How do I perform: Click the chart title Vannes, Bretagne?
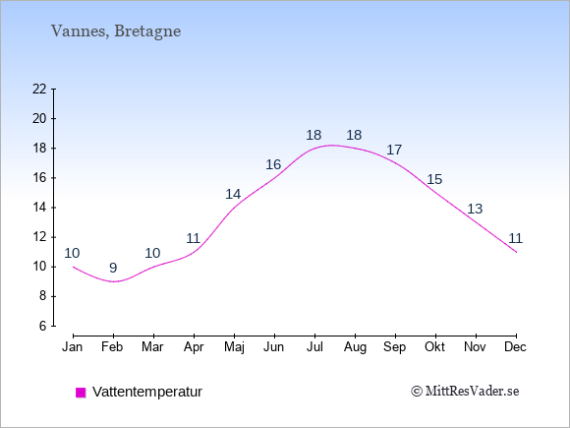tap(116, 31)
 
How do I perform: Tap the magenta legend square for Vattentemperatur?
tap(81, 393)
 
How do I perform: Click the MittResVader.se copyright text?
tap(465, 392)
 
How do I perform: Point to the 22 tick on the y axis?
tap(39, 89)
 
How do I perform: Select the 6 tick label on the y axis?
tap(43, 326)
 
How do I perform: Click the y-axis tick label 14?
tap(39, 208)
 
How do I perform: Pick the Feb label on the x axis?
tap(112, 347)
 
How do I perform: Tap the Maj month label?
tap(234, 347)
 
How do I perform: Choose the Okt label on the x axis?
tap(434, 347)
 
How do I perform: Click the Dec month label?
tap(516, 347)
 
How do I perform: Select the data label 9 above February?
tap(113, 268)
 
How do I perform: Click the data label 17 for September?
tap(394, 150)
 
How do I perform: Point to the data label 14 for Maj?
tap(233, 194)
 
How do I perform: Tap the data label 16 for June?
tap(273, 164)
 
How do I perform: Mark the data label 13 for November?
tap(475, 209)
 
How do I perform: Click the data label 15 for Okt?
tap(434, 179)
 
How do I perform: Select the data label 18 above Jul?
tap(313, 135)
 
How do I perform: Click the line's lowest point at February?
tap(113, 281)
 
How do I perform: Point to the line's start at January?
tap(74, 267)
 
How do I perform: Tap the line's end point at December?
tap(516, 252)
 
